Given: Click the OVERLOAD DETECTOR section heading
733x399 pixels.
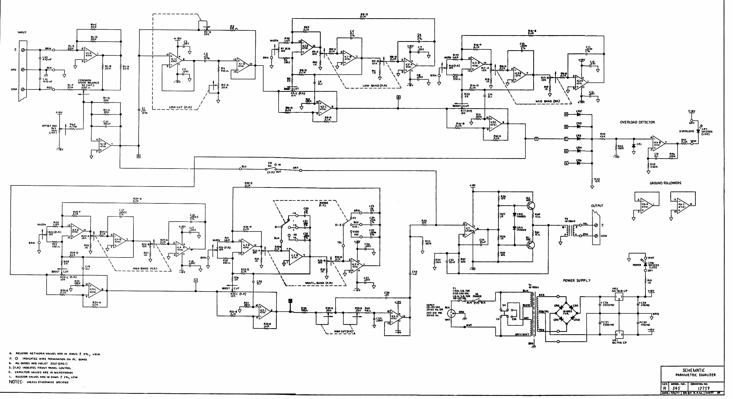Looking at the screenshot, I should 637,122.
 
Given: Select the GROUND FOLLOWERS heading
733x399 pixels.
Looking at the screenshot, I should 665,183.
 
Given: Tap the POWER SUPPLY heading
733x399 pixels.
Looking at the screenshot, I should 576,281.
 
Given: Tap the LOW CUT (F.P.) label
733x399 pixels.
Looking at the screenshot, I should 181,107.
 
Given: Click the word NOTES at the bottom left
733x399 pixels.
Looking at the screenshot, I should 16,382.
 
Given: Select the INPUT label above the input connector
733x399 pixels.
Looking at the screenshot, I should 22,33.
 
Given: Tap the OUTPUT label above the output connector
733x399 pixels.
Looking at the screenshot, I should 597,206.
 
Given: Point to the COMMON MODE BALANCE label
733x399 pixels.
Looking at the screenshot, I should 88,82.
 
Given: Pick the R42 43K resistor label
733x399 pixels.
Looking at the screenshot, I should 603,135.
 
